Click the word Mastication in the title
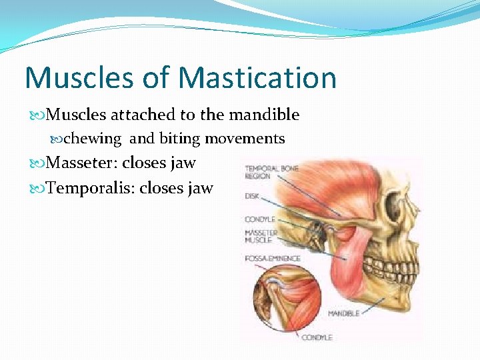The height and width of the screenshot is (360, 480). tap(258, 78)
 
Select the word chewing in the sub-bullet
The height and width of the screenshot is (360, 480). tap(93, 139)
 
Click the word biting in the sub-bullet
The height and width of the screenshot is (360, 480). tap(179, 139)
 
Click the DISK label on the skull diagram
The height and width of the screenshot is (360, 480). tap(252, 197)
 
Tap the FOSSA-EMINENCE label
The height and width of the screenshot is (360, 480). tap(273, 258)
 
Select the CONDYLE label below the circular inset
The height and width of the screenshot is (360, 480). tap(317, 338)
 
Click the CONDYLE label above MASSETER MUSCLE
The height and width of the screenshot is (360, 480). tap(260, 219)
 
